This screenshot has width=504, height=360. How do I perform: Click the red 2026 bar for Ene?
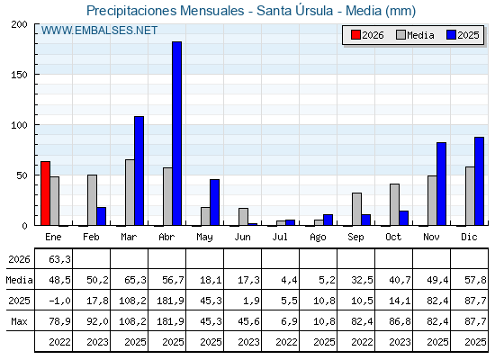(45, 193)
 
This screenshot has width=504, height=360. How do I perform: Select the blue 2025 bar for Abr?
(176, 133)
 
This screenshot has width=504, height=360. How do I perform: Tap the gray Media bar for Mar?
(130, 193)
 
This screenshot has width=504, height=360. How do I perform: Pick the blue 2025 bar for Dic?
(479, 181)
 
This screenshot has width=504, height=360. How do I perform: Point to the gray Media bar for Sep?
(356, 209)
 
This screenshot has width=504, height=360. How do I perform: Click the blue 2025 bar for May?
(215, 202)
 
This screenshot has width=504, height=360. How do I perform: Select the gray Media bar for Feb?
(92, 200)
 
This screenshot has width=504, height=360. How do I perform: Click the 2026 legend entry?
(367, 35)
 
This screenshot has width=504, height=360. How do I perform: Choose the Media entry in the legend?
(415, 35)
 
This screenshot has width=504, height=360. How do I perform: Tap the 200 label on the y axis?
(19, 24)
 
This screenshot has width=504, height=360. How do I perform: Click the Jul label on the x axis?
(280, 237)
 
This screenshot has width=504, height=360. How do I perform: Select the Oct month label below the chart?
(393, 237)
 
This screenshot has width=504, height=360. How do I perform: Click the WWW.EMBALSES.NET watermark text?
(99, 31)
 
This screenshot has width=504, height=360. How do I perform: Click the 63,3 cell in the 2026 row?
(59, 259)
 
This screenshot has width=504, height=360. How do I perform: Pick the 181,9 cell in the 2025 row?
(170, 301)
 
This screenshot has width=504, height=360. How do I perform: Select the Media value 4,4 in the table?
(289, 280)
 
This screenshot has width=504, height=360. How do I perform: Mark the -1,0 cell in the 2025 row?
(59, 301)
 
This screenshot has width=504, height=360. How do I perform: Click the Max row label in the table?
(19, 321)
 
